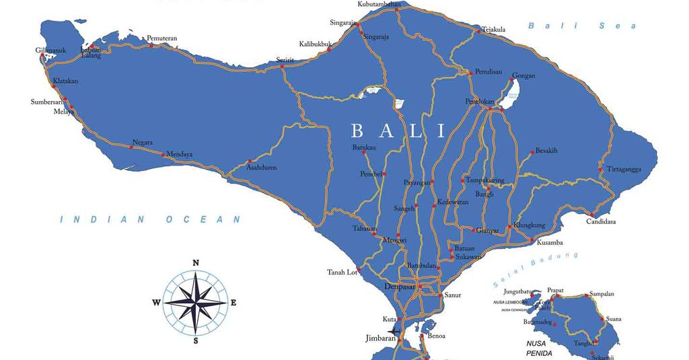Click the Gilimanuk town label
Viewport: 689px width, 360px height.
[50, 50]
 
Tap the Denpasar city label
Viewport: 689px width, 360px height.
[400, 287]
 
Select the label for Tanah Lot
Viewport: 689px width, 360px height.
[342, 273]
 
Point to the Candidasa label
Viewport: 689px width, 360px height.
[601, 221]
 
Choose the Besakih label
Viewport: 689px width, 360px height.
[546, 151]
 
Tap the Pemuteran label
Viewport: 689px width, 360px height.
[161, 38]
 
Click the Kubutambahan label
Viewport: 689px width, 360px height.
[379, 4]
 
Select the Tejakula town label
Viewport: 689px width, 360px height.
[493, 30]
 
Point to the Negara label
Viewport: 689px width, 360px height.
[143, 143]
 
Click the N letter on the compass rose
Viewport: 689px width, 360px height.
[196, 263]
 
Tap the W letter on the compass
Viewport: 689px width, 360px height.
[156, 303]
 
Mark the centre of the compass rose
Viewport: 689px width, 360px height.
[196, 302]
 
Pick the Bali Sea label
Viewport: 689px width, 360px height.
[581, 26]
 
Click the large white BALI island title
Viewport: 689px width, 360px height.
[398, 131]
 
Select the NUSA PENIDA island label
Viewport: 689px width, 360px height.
[540, 349]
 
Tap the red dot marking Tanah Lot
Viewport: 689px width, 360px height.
[359, 271]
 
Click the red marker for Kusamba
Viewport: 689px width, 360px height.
[531, 240]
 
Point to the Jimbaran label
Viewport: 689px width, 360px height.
[380, 338]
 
